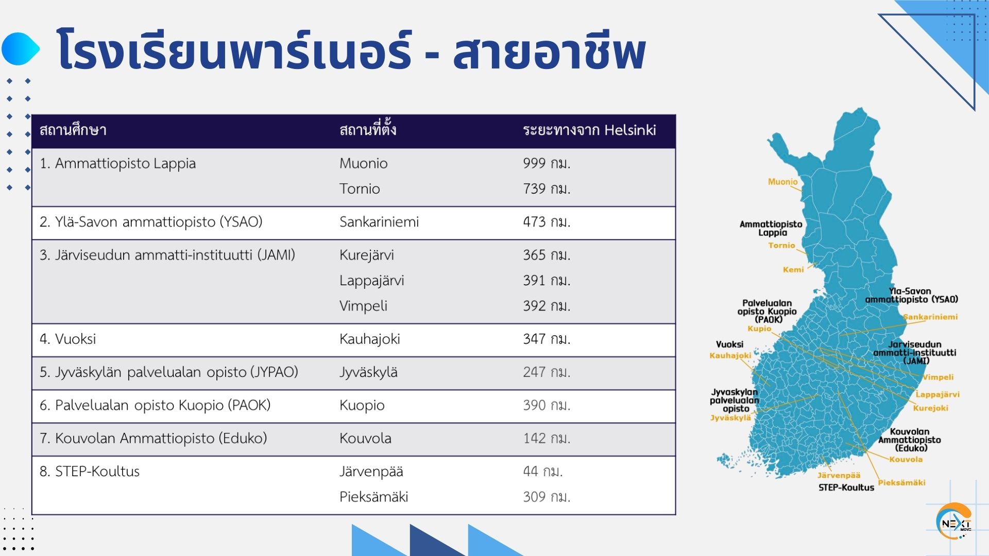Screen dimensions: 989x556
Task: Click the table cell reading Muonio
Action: [x=363, y=164]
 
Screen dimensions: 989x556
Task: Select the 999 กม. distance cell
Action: [x=547, y=164]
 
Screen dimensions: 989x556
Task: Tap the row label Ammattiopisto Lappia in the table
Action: [x=117, y=164]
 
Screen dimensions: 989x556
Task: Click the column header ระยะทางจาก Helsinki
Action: [x=589, y=130]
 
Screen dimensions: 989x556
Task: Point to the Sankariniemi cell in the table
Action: [x=379, y=222]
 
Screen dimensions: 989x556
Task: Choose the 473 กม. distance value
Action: [x=547, y=222]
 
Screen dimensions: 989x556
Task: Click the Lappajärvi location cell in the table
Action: [x=371, y=281]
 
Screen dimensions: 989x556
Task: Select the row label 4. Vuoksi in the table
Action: [x=67, y=339]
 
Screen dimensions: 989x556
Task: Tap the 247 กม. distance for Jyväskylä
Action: [x=547, y=372]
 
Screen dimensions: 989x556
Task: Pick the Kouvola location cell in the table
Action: [x=365, y=439]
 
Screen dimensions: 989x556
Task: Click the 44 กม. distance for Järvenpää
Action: [x=542, y=472]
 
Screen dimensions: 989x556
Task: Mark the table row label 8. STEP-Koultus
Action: [x=90, y=472]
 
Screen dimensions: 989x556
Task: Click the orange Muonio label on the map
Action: [x=782, y=182]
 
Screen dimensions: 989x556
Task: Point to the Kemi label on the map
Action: [x=793, y=270]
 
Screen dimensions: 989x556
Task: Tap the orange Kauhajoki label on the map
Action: [x=730, y=356]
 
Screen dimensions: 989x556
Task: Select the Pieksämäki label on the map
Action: [x=902, y=483]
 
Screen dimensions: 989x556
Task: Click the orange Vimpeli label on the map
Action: [x=938, y=377]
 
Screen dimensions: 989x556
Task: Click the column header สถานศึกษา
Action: [x=73, y=130]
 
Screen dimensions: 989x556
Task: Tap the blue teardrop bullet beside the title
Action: [x=21, y=49]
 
